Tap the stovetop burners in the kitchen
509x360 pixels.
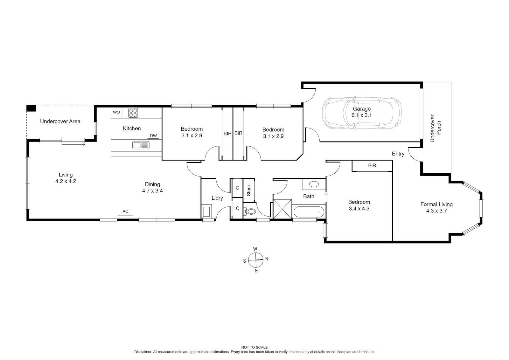pyautogui.click(x=133, y=113)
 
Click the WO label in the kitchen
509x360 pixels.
pyautogui.click(x=116, y=112)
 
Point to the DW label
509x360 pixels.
pyautogui.click(x=153, y=136)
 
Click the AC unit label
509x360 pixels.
pyautogui.click(x=125, y=211)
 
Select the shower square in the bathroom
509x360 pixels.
pyautogui.click(x=282, y=209)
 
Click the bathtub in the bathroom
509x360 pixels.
pyautogui.click(x=309, y=212)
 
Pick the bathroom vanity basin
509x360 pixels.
pyautogui.click(x=314, y=184)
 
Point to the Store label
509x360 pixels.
pyautogui.click(x=249, y=190)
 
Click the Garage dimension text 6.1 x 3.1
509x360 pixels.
pyautogui.click(x=361, y=115)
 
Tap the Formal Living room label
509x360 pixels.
pyautogui.click(x=436, y=204)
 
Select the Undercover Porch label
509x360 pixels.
pyautogui.click(x=435, y=128)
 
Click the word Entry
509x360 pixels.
pyautogui.click(x=398, y=154)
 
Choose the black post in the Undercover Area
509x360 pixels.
pyautogui.click(x=31, y=108)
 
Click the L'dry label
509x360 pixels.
pyautogui.click(x=217, y=198)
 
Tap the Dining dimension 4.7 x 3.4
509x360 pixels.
pyautogui.click(x=152, y=191)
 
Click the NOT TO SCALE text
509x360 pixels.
pyautogui.click(x=254, y=347)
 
